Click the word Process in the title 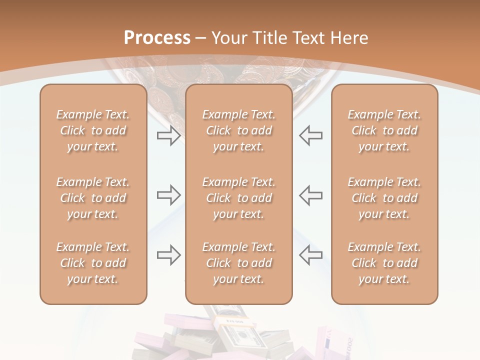[x=157, y=38]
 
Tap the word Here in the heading [x=348, y=38]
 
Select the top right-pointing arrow [x=168, y=135]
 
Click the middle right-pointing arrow [x=168, y=195]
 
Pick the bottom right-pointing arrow [x=168, y=255]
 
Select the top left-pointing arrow [x=310, y=135]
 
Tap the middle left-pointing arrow [x=310, y=195]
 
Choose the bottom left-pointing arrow [x=310, y=255]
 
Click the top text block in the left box [x=93, y=130]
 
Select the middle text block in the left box [x=93, y=198]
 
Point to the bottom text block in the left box [x=93, y=263]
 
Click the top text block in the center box [x=238, y=130]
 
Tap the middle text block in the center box [x=238, y=198]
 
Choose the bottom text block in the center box [x=238, y=263]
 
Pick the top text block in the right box [x=384, y=130]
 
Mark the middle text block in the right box [x=384, y=198]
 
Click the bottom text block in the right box [x=384, y=263]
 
